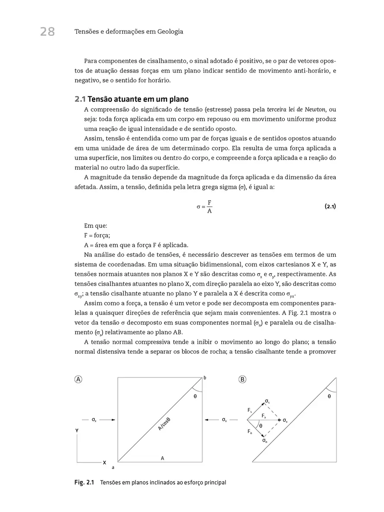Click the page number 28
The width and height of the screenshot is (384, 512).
point(47,31)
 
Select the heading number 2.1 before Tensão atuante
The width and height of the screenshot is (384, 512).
point(80,99)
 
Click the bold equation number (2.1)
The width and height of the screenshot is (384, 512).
point(330,207)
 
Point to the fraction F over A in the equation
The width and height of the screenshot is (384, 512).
point(209,207)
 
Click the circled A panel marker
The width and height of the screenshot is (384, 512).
point(79,380)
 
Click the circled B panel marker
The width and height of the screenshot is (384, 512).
point(242,380)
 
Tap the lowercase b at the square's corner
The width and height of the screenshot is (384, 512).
point(205,378)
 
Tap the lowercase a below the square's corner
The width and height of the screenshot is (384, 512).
point(113,467)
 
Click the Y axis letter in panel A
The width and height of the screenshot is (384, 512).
point(77,430)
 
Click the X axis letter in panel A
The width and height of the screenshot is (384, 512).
point(104,462)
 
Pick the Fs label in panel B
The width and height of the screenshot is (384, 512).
point(250,411)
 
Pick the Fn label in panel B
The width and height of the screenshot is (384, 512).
point(250,431)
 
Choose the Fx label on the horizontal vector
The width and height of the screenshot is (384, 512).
point(264,415)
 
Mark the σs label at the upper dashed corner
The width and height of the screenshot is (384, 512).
point(268,402)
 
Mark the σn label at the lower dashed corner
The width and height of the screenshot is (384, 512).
point(265,441)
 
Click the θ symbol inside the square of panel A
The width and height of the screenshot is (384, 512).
point(195,396)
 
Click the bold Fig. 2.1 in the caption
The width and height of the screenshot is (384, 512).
point(84,482)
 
